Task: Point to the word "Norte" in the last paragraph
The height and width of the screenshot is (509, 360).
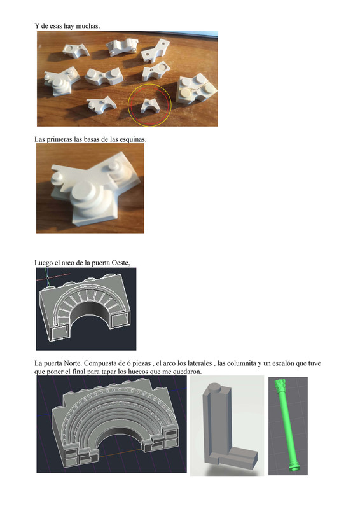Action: click(x=77, y=363)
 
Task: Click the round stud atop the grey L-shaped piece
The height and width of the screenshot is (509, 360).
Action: click(x=214, y=386)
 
